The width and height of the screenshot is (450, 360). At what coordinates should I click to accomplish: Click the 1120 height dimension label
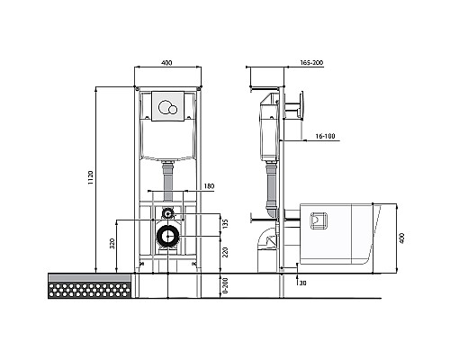pos(91,177)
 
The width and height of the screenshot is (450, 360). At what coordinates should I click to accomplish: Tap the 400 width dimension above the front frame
pos(166,63)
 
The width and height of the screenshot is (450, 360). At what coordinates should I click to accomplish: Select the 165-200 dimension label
pos(311,63)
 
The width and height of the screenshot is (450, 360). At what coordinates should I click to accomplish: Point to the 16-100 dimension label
pos(325,137)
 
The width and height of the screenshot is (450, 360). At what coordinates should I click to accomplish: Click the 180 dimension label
pos(209,186)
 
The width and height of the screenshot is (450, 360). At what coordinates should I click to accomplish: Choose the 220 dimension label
pos(226,252)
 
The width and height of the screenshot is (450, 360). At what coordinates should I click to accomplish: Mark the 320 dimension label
pos(112,244)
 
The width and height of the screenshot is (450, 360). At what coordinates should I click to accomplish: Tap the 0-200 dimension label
pos(226,285)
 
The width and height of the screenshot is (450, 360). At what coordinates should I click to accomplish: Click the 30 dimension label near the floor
pos(302,283)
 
